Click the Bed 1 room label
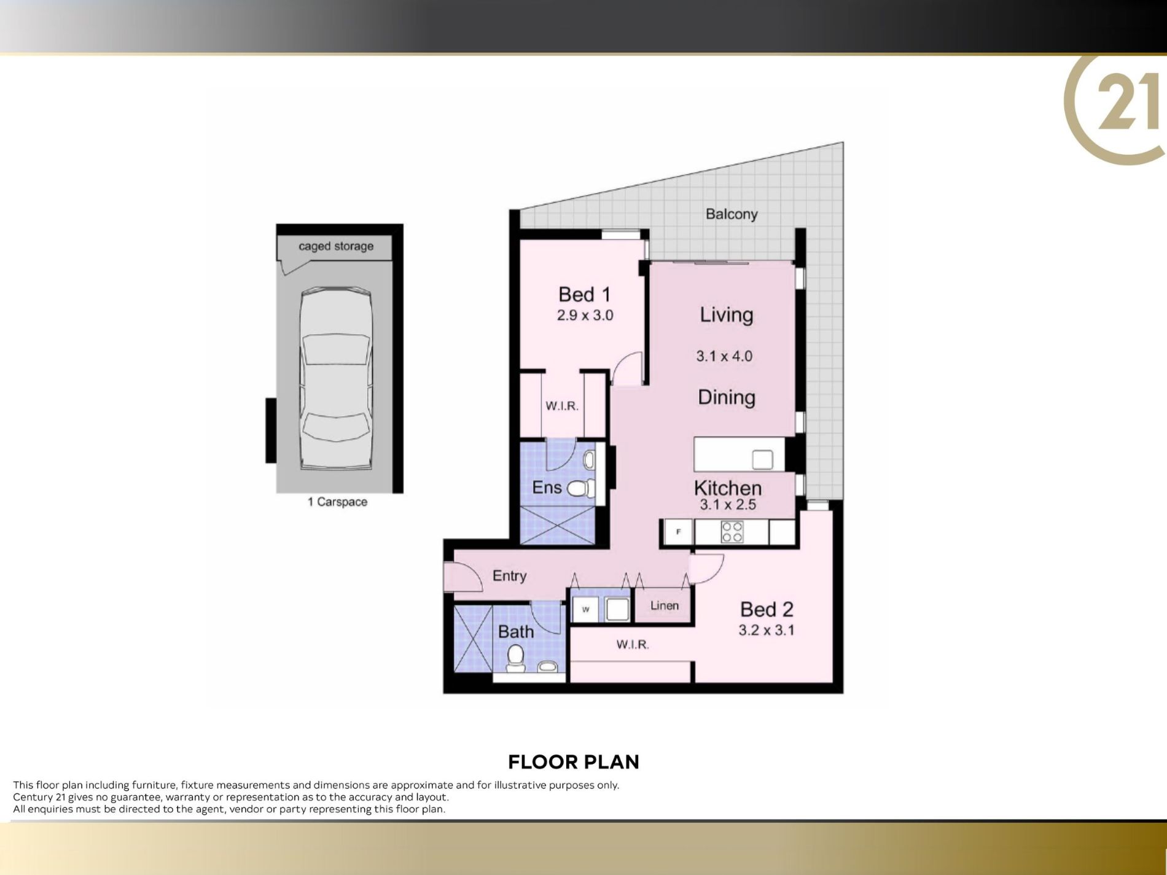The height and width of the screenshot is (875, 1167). pyautogui.click(x=584, y=295)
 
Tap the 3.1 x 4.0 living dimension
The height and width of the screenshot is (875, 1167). pyautogui.click(x=724, y=356)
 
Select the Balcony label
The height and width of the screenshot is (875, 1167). pyautogui.click(x=732, y=214)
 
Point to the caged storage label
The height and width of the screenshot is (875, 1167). pyautogui.click(x=336, y=246)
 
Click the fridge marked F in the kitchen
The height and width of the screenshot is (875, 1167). pyautogui.click(x=678, y=532)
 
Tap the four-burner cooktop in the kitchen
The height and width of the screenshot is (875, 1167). pyautogui.click(x=732, y=532)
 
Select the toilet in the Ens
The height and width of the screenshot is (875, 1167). pyautogui.click(x=581, y=488)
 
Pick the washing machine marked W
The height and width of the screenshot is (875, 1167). pyautogui.click(x=585, y=609)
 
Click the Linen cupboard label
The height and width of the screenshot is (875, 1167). pyautogui.click(x=665, y=605)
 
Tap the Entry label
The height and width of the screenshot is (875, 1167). pyautogui.click(x=509, y=576)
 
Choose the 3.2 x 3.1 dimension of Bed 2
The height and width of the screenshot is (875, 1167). pyautogui.click(x=766, y=630)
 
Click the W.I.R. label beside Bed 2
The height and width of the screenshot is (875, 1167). pyautogui.click(x=633, y=644)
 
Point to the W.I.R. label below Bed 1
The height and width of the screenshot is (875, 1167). pyautogui.click(x=562, y=406)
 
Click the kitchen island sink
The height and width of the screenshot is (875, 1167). pyautogui.click(x=762, y=459)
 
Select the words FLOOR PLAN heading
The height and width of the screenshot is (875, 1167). pyautogui.click(x=574, y=762)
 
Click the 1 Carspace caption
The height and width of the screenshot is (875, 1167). pyautogui.click(x=337, y=502)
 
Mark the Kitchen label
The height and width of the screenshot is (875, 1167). pyautogui.click(x=728, y=488)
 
